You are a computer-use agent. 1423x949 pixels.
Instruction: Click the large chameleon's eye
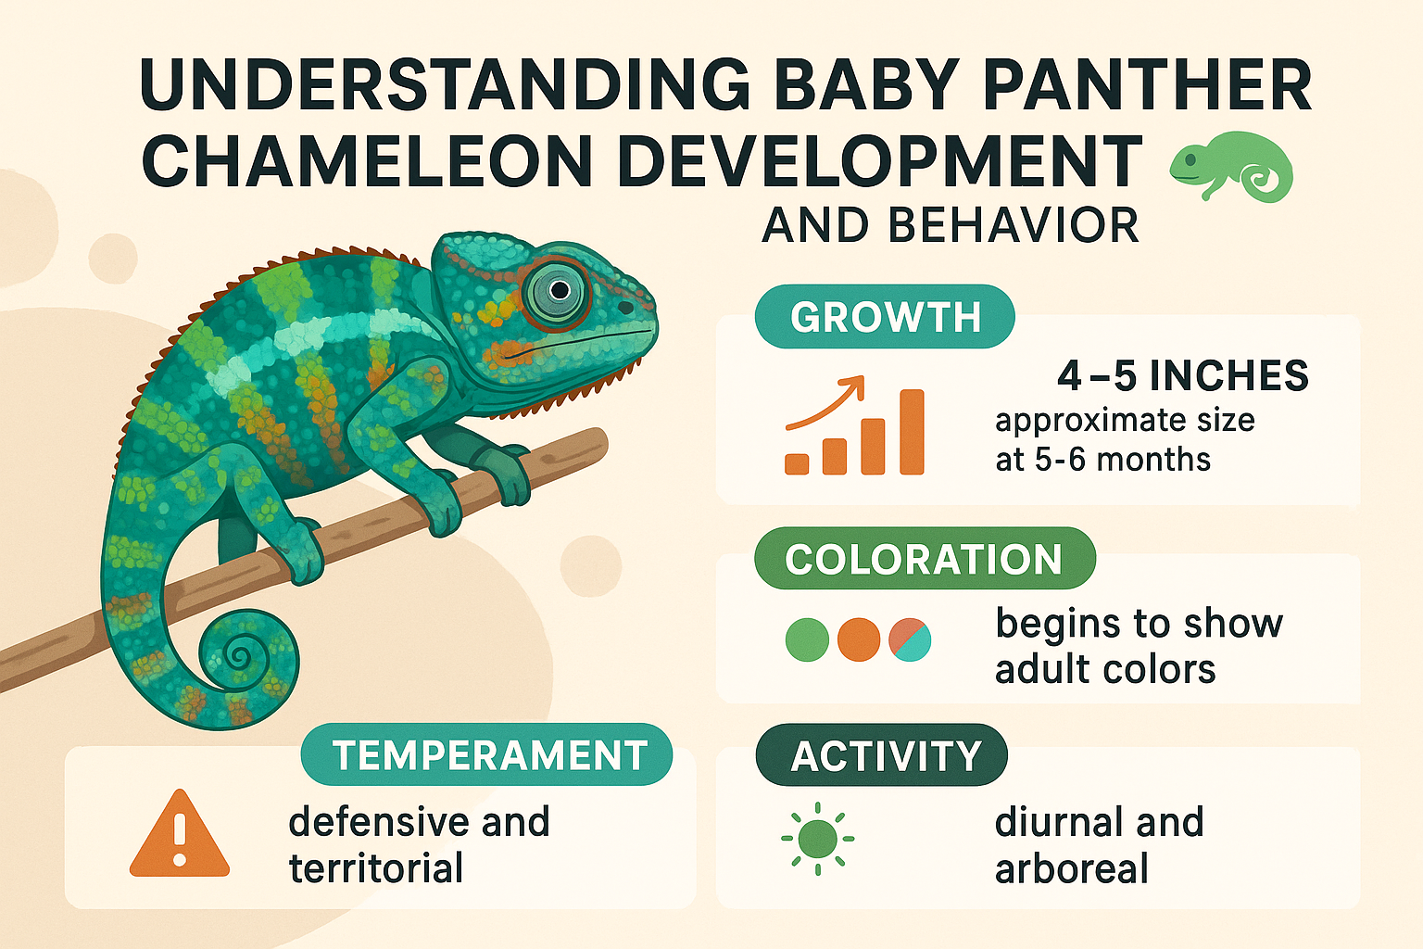pyautogui.click(x=558, y=291)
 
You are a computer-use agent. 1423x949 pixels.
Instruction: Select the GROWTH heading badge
pyautogui.click(x=885, y=317)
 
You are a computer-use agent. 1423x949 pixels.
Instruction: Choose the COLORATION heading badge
pyautogui.click(x=924, y=559)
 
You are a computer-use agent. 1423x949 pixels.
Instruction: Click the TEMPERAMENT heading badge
pyautogui.click(x=488, y=754)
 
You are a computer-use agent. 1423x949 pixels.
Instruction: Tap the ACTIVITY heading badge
pyautogui.click(x=884, y=755)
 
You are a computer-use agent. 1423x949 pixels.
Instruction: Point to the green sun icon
pyautogui.click(x=817, y=839)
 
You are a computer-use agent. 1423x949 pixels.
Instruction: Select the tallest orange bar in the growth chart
pyautogui.click(x=912, y=432)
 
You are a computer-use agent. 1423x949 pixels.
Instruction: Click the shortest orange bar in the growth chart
pyautogui.click(x=797, y=463)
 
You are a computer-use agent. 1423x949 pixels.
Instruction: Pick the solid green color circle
pyautogui.click(x=807, y=639)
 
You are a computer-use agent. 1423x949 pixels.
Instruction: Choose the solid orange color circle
pyautogui.click(x=859, y=639)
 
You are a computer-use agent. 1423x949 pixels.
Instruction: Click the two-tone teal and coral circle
pyautogui.click(x=910, y=639)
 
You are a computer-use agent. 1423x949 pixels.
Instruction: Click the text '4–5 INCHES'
pyautogui.click(x=1183, y=376)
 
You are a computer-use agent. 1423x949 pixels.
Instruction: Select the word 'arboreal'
pyautogui.click(x=1072, y=869)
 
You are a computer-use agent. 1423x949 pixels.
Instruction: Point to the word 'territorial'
pyautogui.click(x=376, y=868)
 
